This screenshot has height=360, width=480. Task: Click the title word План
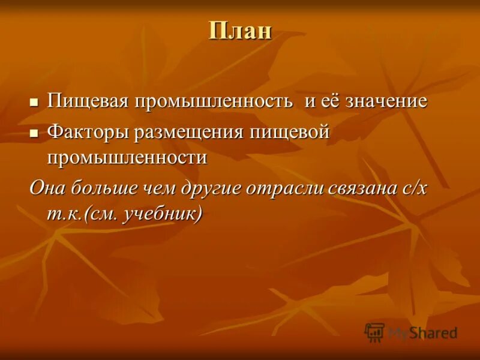pyautogui.click(x=240, y=31)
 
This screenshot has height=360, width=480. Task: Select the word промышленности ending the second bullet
pyautogui.click(x=127, y=158)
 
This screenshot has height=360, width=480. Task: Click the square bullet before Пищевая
pyautogui.click(x=34, y=102)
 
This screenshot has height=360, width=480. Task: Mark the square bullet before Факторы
pyautogui.click(x=34, y=133)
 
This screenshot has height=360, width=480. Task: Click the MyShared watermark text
pyautogui.click(x=422, y=332)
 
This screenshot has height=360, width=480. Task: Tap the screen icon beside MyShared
pyautogui.click(x=374, y=332)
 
